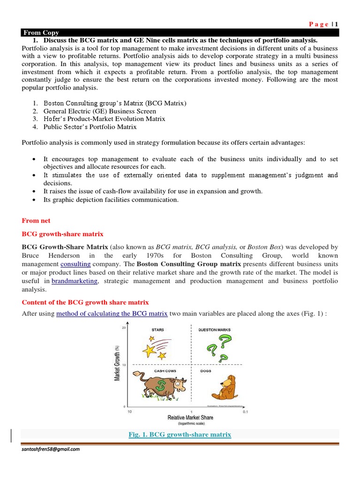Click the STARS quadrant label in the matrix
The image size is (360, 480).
pyautogui.click(x=157, y=330)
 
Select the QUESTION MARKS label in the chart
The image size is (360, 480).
pyautogui.click(x=215, y=330)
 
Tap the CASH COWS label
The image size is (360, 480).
pyautogui.click(x=165, y=371)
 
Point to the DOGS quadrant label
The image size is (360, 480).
pyautogui.click(x=206, y=371)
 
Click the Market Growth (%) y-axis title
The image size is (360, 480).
pyautogui.click(x=119, y=363)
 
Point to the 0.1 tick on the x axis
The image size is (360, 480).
pyautogui.click(x=246, y=412)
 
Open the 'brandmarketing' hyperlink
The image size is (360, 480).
pyautogui.click(x=75, y=281)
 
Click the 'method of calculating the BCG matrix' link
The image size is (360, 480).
pyautogui.click(x=112, y=314)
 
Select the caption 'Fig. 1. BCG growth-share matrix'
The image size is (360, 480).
pyautogui.click(x=180, y=435)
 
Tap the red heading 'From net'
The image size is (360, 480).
pyautogui.click(x=36, y=220)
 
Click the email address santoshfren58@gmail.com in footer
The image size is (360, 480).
pyautogui.click(x=51, y=449)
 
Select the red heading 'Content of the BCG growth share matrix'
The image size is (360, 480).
pyautogui.click(x=85, y=302)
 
